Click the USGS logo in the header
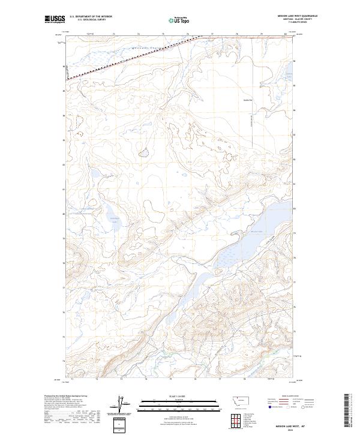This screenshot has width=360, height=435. [53, 20]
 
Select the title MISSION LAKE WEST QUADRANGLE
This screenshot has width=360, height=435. [293, 16]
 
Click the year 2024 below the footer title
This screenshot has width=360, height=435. [294, 427]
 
